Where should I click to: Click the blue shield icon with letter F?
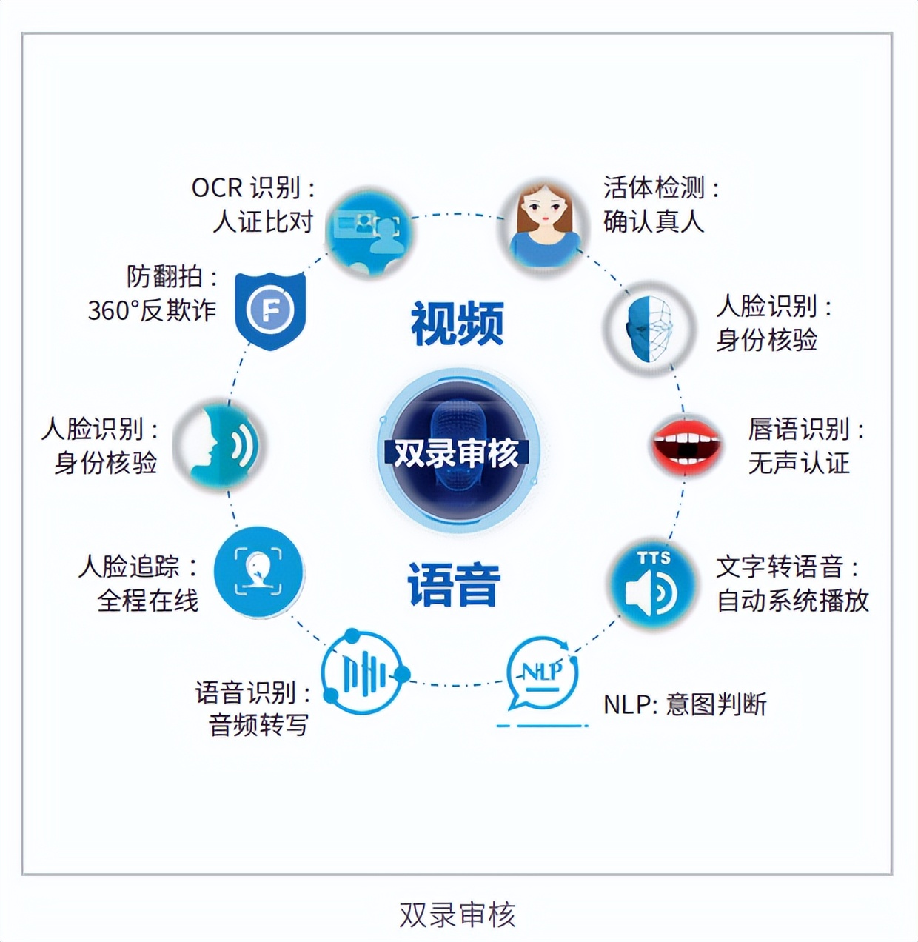coord(270,310)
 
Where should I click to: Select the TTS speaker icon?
coord(653,585)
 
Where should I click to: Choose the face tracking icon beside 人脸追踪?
coord(259,572)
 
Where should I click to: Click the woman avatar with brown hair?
coord(545,226)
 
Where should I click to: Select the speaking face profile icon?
coord(219,444)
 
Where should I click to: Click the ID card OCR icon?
coord(368,231)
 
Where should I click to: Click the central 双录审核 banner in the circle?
coord(457,453)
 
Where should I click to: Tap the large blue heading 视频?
coord(458,323)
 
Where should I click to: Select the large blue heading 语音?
coord(453,584)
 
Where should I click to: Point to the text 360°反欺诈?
coord(152,310)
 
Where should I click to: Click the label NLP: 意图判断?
coord(685,704)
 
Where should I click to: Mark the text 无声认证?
coord(799,462)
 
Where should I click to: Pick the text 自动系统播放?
coord(793,601)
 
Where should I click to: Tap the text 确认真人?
coord(654,221)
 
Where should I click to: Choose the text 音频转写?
coord(259,726)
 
